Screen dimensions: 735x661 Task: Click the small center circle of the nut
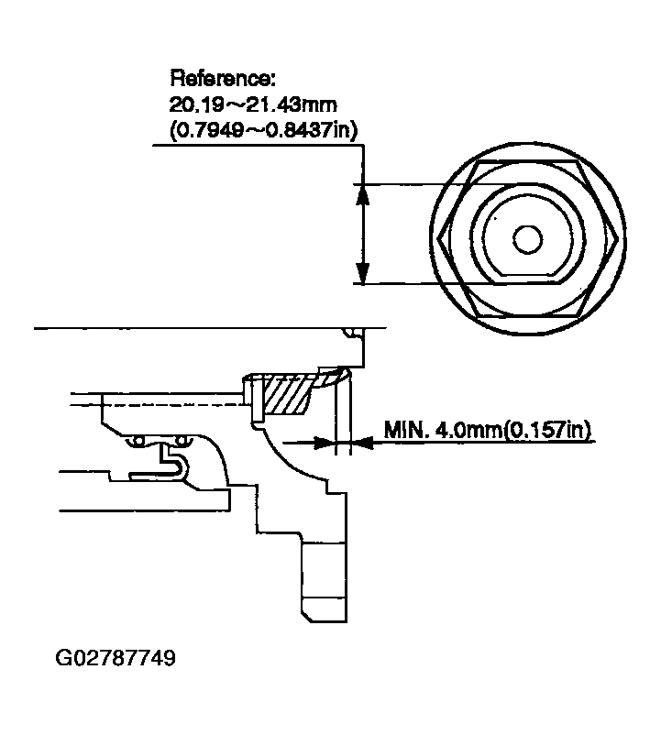tap(526, 238)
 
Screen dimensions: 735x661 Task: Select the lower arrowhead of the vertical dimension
tap(363, 273)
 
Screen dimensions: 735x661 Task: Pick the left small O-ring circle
tap(138, 443)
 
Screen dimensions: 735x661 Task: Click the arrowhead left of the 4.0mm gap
tap(325, 443)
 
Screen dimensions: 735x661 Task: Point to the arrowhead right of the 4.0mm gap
tap(359, 443)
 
